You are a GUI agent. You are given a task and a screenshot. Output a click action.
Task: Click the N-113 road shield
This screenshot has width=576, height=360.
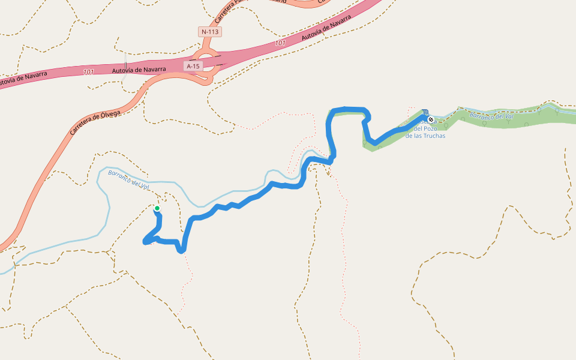[210, 31]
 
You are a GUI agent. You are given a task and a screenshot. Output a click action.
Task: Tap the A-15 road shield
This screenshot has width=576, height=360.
[193, 66]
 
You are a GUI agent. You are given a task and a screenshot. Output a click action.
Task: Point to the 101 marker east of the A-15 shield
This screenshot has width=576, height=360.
[280, 43]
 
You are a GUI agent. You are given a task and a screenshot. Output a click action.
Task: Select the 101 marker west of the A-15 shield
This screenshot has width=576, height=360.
[89, 72]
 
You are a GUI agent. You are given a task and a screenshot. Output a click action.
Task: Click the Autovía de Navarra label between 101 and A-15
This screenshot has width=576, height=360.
[139, 70]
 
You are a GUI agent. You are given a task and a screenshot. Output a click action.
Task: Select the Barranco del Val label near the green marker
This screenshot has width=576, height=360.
[128, 179]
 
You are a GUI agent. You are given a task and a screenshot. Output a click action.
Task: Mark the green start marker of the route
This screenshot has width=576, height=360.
[157, 208]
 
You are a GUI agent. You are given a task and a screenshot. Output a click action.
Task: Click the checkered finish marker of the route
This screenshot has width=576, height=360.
[431, 119]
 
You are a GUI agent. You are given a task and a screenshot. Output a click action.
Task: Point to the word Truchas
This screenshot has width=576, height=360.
[434, 136]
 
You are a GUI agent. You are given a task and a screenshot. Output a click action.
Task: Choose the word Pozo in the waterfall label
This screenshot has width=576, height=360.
[430, 128]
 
